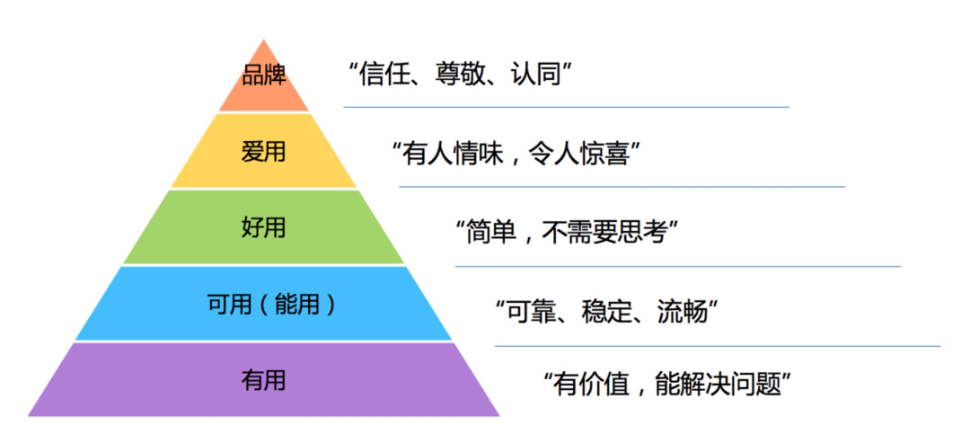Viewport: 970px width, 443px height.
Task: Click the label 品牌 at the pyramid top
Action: click(263, 75)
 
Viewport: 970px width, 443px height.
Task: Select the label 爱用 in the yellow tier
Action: click(263, 151)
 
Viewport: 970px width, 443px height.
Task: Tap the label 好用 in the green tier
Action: click(263, 227)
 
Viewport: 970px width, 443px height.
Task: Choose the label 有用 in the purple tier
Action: click(263, 381)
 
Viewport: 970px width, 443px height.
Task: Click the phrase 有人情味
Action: click(453, 153)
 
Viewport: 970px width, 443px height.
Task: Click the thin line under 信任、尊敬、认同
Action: click(566, 107)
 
